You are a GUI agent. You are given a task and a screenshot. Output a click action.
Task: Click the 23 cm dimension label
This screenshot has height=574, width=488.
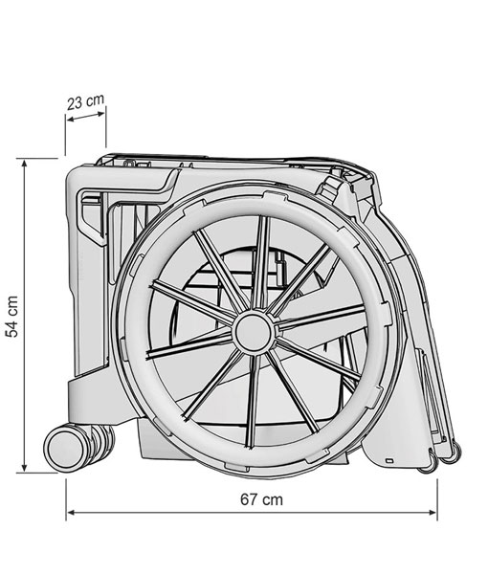[x=86, y=101]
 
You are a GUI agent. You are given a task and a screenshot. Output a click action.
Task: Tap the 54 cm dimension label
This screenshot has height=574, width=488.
[x=11, y=317]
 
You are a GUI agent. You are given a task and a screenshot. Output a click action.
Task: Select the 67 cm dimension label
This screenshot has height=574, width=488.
[x=261, y=499]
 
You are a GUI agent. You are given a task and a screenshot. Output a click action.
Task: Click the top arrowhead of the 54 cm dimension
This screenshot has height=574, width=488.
[x=25, y=164]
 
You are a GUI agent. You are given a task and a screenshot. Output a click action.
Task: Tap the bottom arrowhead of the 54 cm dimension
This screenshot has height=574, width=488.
[x=25, y=468]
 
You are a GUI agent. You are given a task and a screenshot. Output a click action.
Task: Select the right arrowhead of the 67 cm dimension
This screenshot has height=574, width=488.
[x=432, y=513]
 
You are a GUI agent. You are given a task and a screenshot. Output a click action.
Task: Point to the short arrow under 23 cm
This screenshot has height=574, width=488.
[x=86, y=117]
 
